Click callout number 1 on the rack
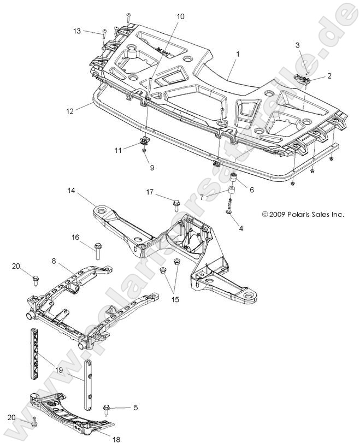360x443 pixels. point(238,55)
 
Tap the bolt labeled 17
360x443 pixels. point(176,205)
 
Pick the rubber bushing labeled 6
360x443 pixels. point(232,178)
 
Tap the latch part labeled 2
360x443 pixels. point(302,80)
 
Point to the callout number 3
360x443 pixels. point(297,44)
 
